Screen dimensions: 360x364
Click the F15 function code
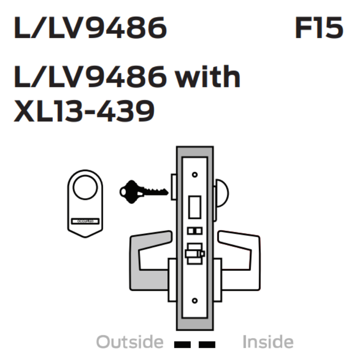(x=319, y=29)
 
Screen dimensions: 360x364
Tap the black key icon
(x=142, y=189)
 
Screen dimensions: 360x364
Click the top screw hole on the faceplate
(x=195, y=175)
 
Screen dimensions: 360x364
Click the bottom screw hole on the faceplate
(x=195, y=300)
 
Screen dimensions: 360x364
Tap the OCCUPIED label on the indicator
(x=85, y=221)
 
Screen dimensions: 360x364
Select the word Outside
(x=130, y=342)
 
